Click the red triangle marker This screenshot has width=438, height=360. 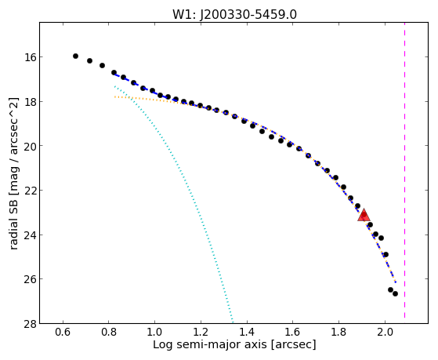coord(364,215)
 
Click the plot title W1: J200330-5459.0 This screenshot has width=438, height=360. coord(234,15)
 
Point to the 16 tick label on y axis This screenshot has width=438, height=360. coord(30,57)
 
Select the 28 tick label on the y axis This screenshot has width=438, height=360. coord(30,324)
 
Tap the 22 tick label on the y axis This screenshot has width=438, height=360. coord(30,191)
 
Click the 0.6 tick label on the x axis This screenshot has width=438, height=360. coord(63,332)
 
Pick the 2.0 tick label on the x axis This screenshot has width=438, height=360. coord(385,332)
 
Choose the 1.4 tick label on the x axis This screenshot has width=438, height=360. coord(247,332)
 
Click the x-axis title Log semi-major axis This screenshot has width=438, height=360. coord(210,344)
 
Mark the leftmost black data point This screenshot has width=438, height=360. coord(75,56)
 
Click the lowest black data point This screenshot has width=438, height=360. coord(395,293)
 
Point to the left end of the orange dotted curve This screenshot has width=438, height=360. coord(114,96)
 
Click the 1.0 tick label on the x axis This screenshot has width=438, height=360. coord(155,332)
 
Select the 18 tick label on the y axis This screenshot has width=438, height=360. coord(30,101)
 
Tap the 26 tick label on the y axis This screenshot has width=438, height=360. coord(30,279)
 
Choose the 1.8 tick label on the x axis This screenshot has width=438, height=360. coord(338,332)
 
